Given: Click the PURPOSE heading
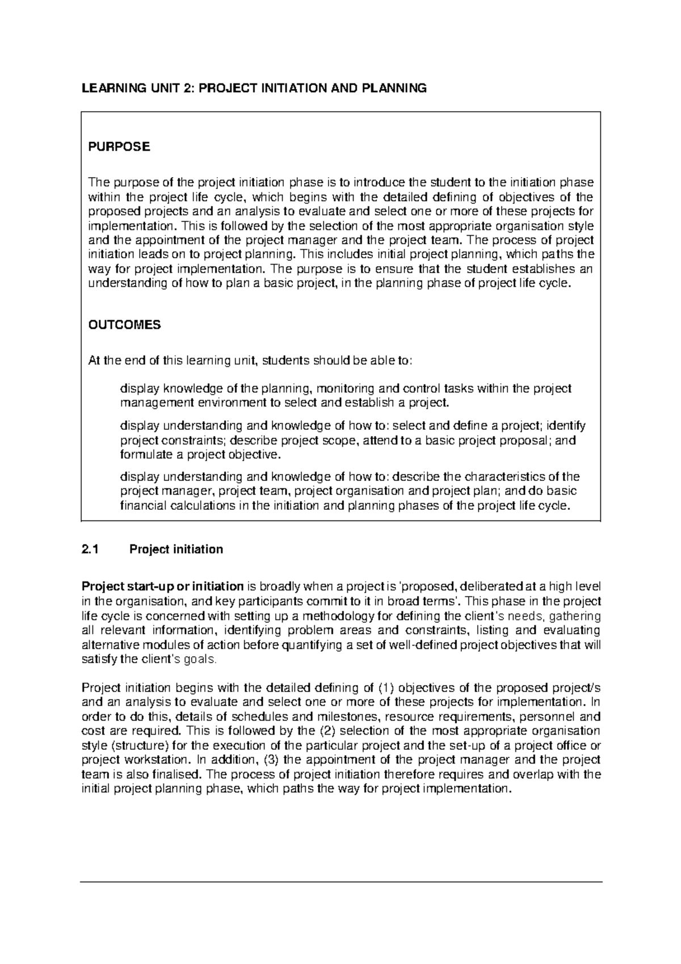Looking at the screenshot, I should tap(119, 147).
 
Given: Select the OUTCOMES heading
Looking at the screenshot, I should tap(124, 325).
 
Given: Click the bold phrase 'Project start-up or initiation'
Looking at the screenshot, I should tap(163, 586).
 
